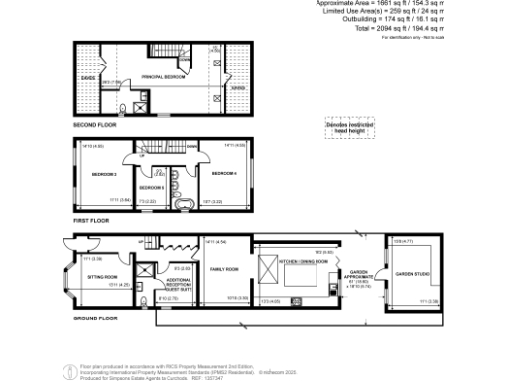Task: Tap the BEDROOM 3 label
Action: tap(105, 175)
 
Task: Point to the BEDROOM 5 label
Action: tap(151, 187)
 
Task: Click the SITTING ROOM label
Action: tap(103, 277)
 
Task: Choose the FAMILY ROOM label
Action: tap(224, 268)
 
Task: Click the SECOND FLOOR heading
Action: tap(94, 126)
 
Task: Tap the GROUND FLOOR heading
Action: tap(95, 317)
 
